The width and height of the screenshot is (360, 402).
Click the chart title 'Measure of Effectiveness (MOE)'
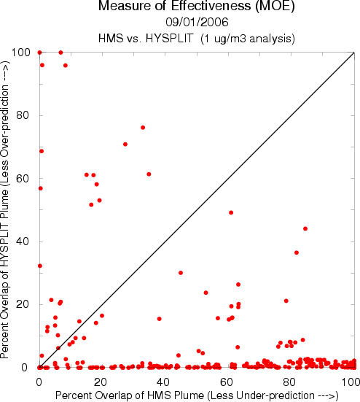click(x=196, y=6)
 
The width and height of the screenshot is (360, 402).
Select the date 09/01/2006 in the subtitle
click(x=197, y=23)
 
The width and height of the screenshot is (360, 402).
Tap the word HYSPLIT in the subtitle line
click(x=170, y=39)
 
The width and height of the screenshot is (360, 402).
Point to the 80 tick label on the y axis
click(x=23, y=115)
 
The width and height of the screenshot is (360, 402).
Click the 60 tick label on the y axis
click(x=23, y=179)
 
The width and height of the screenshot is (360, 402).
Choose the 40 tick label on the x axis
click(x=163, y=382)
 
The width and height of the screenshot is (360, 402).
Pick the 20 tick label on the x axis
click(x=100, y=382)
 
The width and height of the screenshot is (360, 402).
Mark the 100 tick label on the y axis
click(x=21, y=53)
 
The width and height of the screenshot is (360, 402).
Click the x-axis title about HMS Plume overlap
click(x=197, y=395)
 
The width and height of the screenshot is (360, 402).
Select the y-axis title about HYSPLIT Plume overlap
click(x=5, y=209)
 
